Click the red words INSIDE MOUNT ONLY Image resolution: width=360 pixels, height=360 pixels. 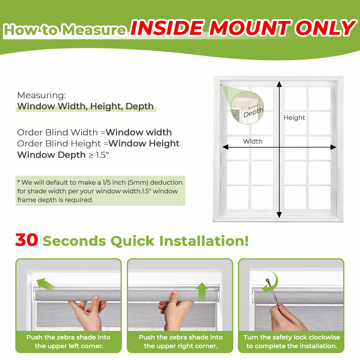pos(243,28)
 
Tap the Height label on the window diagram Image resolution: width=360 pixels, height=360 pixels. pos(294,118)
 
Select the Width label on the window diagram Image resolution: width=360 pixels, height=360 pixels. pos(253,141)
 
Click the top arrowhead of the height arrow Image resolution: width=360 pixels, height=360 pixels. pos(279,84)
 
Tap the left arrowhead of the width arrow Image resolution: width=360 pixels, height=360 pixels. pos(225,147)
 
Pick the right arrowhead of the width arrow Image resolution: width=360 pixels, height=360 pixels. pos(333,147)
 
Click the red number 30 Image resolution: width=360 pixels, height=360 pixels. pos(27,240)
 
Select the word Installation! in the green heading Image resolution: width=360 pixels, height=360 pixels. pos(204,241)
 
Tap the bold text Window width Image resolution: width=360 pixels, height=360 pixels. pos(139,132)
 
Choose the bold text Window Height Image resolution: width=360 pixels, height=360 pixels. pos(144,143)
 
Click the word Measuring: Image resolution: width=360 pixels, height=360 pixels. pos(41,95)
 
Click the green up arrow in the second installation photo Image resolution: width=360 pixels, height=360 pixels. pos(202,291)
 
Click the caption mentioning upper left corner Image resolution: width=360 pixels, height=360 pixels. pos(68,342)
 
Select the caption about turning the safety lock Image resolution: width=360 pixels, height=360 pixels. pos(292,342)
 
